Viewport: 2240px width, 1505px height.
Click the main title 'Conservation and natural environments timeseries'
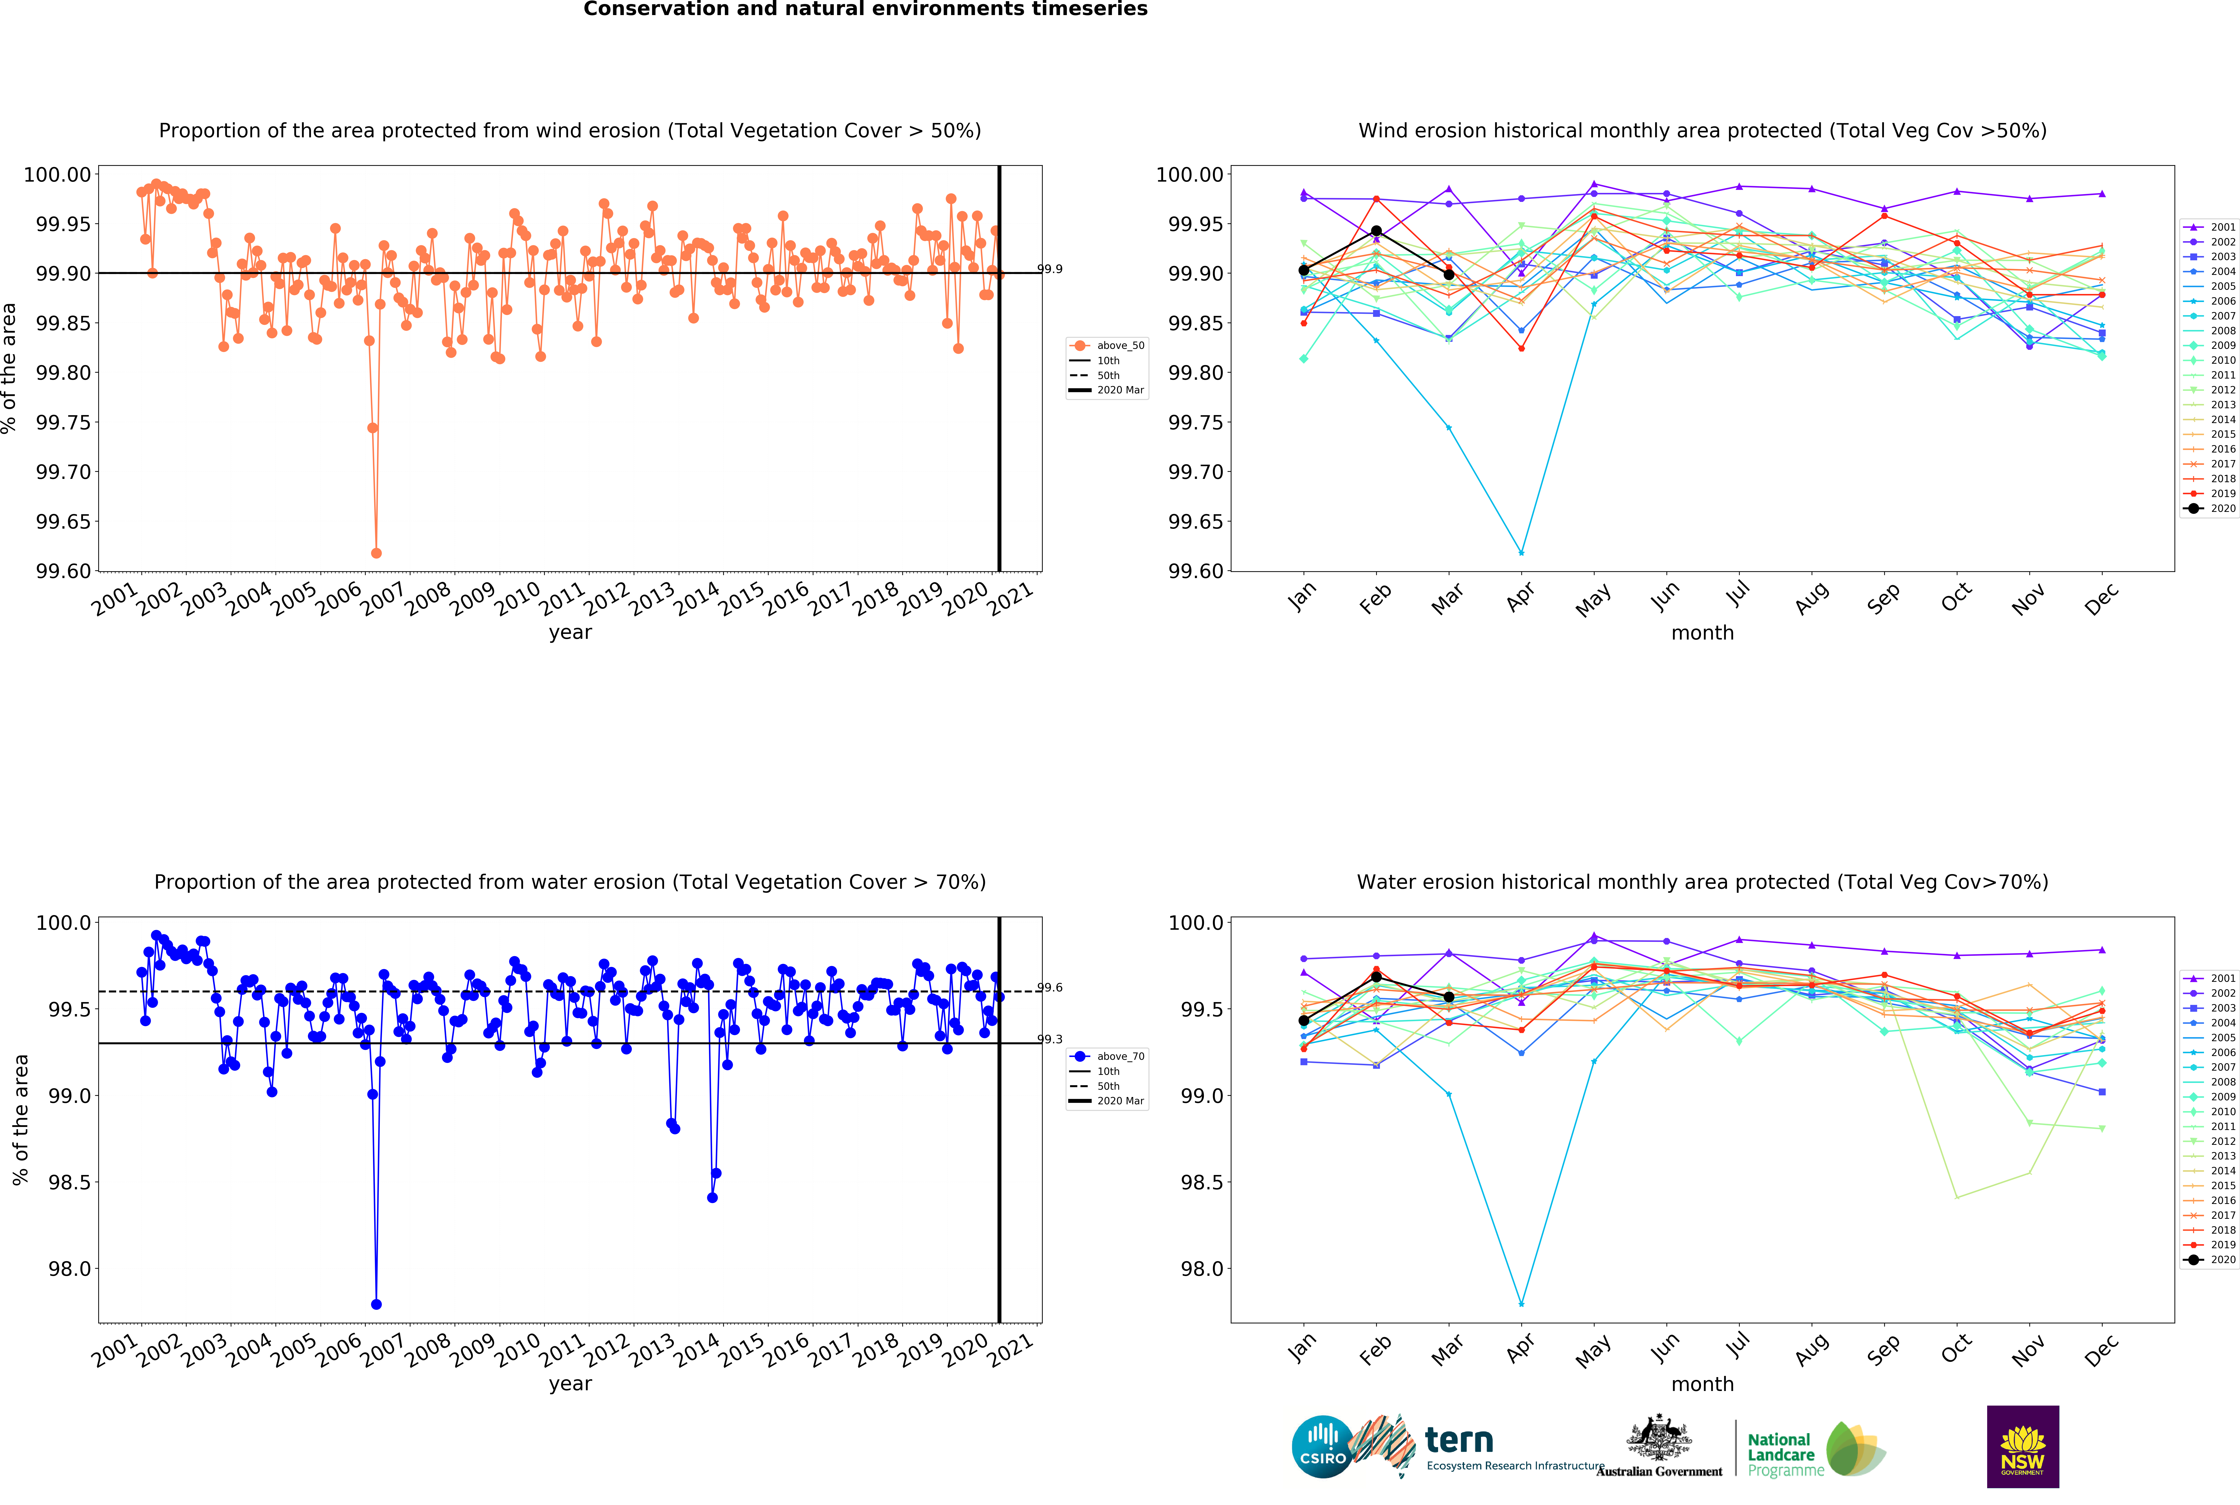(x=865, y=10)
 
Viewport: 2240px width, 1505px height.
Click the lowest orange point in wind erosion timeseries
(x=376, y=553)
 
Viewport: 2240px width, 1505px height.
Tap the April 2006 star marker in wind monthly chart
(x=1521, y=553)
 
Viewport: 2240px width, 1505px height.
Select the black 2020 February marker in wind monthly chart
(x=1376, y=231)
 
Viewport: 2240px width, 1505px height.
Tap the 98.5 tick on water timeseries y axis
(x=69, y=1183)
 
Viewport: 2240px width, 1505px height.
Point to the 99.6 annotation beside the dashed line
(x=1050, y=988)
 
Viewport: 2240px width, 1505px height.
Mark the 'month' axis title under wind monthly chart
(x=1702, y=632)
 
